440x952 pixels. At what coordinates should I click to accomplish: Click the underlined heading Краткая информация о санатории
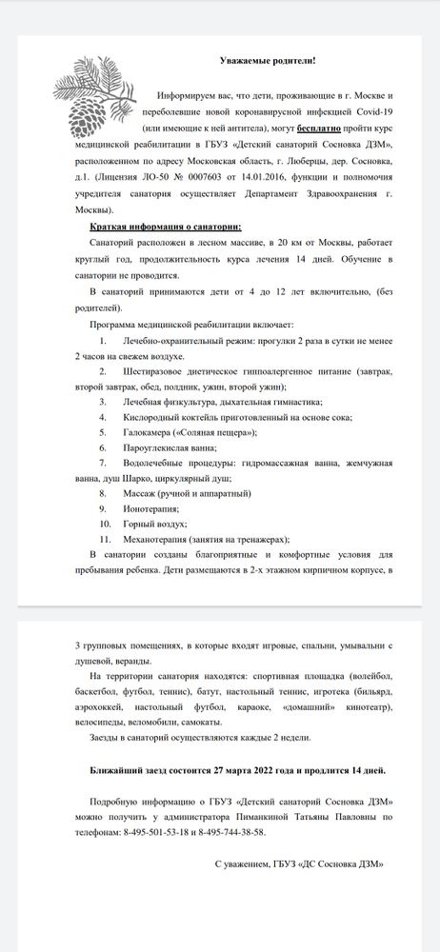click(x=166, y=228)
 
